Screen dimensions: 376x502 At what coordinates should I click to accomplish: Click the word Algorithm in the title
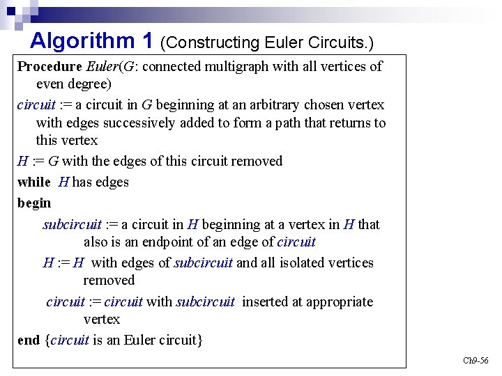click(x=82, y=41)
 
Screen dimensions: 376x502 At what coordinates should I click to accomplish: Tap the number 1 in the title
click(x=147, y=41)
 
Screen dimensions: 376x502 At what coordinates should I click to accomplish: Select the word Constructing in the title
click(x=211, y=43)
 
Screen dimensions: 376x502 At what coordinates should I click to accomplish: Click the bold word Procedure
click(x=50, y=67)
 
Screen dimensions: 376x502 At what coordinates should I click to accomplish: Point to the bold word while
click(x=34, y=182)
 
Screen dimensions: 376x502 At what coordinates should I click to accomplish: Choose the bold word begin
click(x=34, y=203)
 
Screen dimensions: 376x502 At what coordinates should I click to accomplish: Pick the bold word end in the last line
click(x=29, y=340)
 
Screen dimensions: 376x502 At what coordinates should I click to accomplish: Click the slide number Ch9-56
click(x=476, y=361)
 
